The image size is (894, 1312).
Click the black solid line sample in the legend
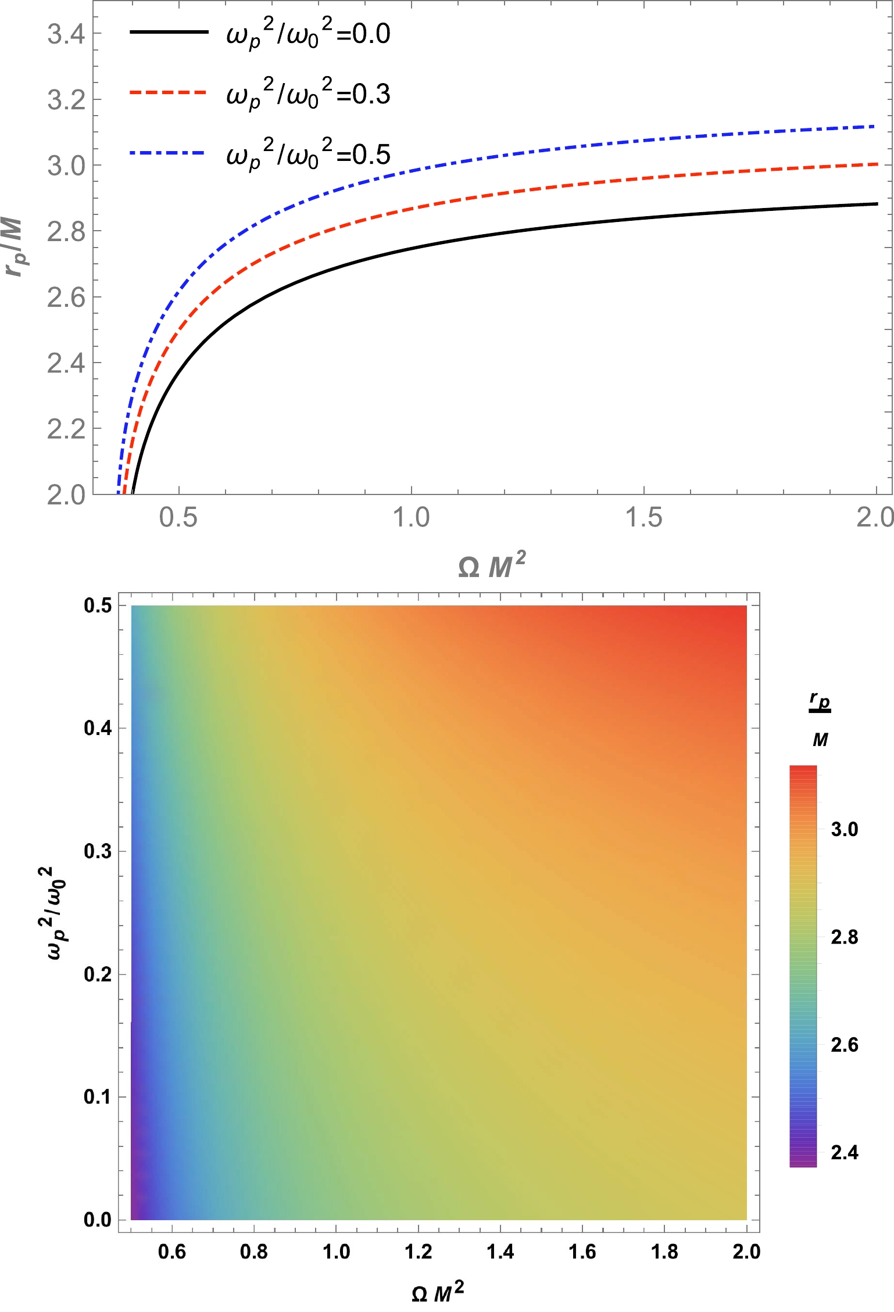point(169,32)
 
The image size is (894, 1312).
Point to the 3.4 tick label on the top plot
point(66,34)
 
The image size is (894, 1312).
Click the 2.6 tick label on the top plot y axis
point(66,298)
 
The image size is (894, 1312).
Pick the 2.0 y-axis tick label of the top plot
point(66,496)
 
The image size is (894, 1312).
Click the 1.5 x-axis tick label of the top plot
point(643,517)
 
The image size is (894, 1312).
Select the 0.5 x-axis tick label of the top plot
point(178,517)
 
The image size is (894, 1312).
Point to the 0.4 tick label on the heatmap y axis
point(98,728)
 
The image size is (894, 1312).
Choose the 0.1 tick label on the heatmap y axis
point(98,1097)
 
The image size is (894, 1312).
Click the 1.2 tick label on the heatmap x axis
point(418,1251)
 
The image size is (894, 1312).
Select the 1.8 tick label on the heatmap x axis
point(664,1251)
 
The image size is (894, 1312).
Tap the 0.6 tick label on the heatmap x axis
point(171,1251)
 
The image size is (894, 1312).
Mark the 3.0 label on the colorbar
point(844,829)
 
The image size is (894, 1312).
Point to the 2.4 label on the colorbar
point(844,1152)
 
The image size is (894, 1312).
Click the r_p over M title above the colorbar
point(820,720)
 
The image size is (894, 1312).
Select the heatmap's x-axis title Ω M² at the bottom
point(438,1292)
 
